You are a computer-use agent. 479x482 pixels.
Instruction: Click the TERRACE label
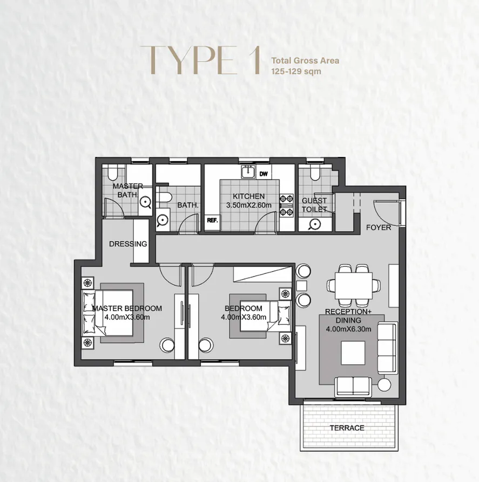tap(347, 428)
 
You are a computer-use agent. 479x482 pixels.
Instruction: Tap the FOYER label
tap(378, 228)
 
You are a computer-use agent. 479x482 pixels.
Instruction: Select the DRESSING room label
tap(128, 244)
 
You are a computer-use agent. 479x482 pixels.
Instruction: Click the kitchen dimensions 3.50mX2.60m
tap(248, 205)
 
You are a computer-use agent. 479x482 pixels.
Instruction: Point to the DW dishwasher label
tap(264, 174)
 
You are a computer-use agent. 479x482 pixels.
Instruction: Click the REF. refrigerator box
tap(211, 220)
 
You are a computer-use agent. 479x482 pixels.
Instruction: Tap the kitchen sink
tap(248, 173)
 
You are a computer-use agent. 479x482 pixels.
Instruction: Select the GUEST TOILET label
tap(315, 204)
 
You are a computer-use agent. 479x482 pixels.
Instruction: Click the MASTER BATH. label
tap(128, 190)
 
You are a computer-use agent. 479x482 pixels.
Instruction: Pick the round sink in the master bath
tap(145, 202)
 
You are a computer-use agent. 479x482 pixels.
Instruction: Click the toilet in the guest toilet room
tap(316, 174)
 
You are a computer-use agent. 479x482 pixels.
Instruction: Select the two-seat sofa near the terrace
tap(353, 385)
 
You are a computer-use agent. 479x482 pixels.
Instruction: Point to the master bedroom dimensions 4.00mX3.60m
tap(127, 317)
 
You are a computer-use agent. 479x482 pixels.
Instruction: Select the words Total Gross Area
tap(305, 60)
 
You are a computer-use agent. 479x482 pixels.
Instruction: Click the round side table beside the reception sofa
tap(384, 384)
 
